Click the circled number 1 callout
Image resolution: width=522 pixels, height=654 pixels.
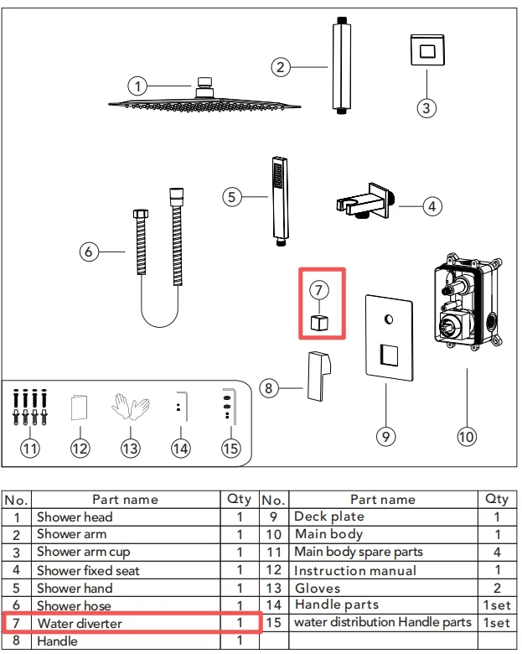pos(138,85)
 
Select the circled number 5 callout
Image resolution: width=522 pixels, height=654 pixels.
pos(232,196)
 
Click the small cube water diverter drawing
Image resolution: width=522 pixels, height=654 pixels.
pos(318,322)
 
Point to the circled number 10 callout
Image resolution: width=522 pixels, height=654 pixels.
pos(466,435)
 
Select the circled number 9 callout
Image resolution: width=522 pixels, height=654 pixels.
pos(385,435)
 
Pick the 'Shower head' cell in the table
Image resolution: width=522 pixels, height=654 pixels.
pos(75,517)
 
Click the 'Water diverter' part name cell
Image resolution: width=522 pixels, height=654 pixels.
pos(80,624)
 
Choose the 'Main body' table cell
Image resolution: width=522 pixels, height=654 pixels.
pos(328,535)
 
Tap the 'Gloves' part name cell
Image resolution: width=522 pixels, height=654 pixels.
pos(318,589)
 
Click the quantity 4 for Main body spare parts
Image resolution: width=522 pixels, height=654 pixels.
pos(496,553)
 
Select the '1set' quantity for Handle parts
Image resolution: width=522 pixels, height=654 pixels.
pos(496,605)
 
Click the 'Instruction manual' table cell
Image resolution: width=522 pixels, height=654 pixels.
pos(355,571)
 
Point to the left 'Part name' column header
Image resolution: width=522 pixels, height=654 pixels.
pos(125,500)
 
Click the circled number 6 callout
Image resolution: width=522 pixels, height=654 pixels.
pos(90,252)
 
